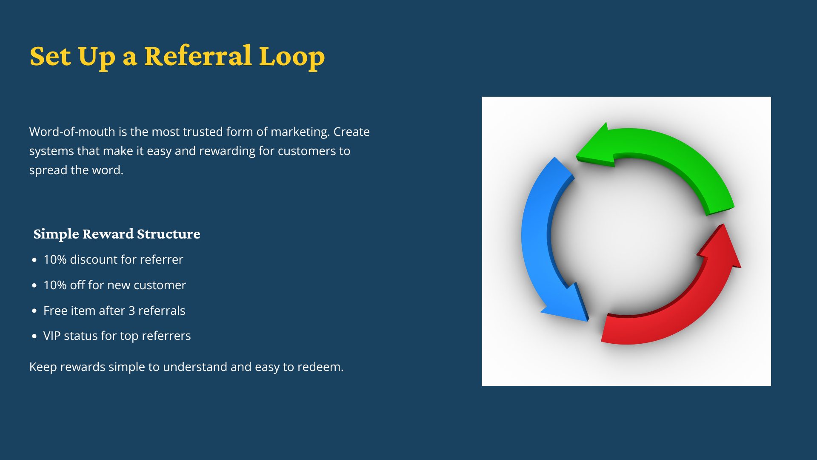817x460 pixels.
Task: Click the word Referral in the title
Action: (x=198, y=56)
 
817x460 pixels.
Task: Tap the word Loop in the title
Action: (x=291, y=57)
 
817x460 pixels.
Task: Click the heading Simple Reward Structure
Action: (x=117, y=234)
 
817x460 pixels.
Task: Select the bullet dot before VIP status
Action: (x=34, y=336)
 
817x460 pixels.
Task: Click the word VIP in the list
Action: (x=51, y=336)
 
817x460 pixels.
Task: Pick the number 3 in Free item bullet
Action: (x=131, y=311)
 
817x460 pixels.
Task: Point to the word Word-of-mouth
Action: (x=72, y=132)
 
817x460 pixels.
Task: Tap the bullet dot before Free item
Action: (x=34, y=311)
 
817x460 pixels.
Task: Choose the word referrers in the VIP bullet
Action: (x=166, y=336)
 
